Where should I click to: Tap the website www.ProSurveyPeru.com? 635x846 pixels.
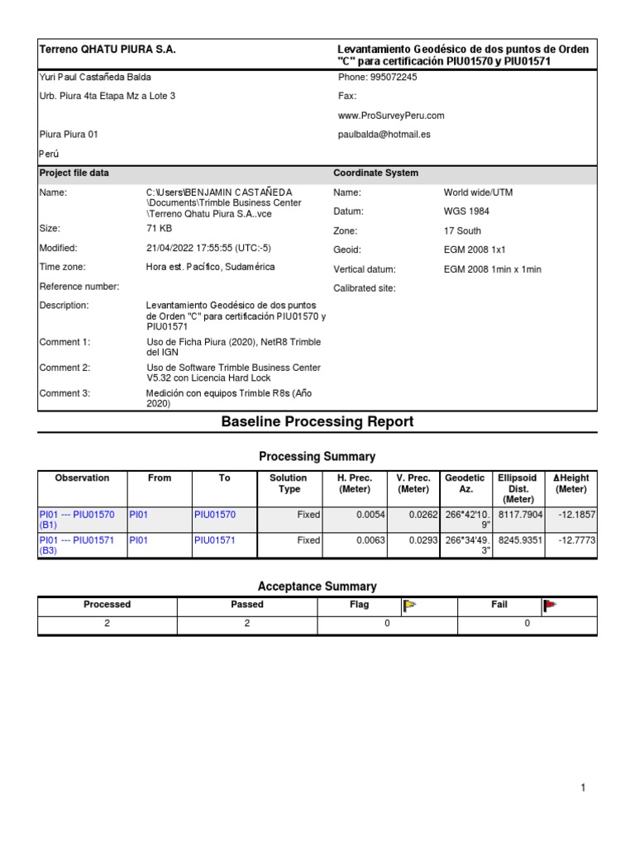pyautogui.click(x=391, y=116)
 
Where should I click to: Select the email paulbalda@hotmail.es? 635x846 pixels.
pyautogui.click(x=384, y=134)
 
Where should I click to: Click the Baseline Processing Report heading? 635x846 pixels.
pyautogui.click(x=317, y=422)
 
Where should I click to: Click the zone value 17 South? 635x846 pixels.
pyautogui.click(x=462, y=231)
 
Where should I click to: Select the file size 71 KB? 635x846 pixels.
pyautogui.click(x=159, y=228)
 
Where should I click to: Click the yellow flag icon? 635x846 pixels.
pyautogui.click(x=409, y=606)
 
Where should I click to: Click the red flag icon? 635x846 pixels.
pyautogui.click(x=550, y=606)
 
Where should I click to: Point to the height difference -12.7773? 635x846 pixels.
pyautogui.click(x=576, y=540)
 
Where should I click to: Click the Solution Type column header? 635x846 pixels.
pyautogui.click(x=288, y=483)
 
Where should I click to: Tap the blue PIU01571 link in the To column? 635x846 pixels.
pyautogui.click(x=214, y=540)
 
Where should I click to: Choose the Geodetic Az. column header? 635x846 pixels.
pyautogui.click(x=466, y=483)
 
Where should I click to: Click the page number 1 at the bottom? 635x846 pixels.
pyautogui.click(x=583, y=788)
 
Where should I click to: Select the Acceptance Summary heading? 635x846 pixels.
pyautogui.click(x=317, y=587)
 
